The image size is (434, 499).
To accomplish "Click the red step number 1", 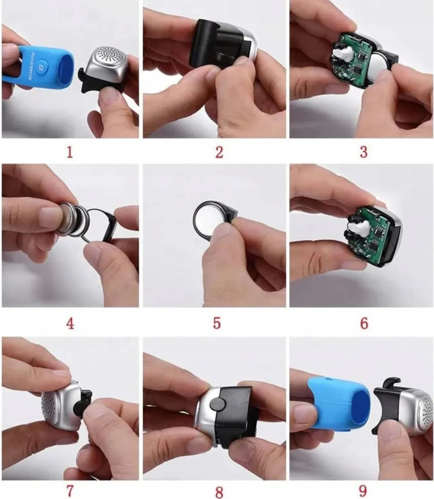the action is point(70,152).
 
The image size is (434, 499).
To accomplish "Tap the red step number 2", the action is point(220,152).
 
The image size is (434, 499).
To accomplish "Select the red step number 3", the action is point(364,152).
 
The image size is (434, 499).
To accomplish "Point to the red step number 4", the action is point(70,324).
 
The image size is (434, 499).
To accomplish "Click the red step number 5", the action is point(217,323).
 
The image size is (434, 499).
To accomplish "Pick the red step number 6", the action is point(364,323).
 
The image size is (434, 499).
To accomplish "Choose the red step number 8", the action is point(220,492).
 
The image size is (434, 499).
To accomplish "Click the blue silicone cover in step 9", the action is point(339,402).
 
